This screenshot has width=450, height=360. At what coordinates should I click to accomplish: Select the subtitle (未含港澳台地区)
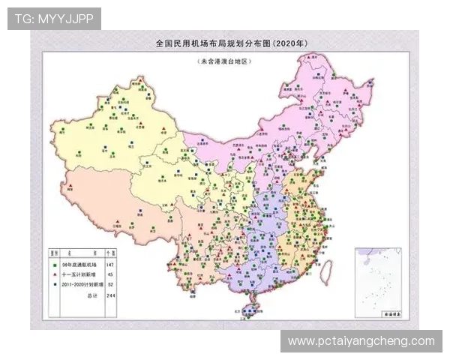[x=223, y=59]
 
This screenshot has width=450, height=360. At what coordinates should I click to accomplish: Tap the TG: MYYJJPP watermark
[x=53, y=19]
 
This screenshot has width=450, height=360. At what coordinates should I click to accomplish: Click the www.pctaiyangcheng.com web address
[x=361, y=341]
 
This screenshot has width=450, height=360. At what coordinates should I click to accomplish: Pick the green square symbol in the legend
[x=55, y=265]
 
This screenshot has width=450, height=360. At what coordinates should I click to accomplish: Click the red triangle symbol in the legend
[x=55, y=275]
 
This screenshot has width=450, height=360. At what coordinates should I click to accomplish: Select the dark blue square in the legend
[x=55, y=285]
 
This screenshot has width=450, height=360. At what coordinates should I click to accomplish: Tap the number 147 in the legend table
[x=109, y=265]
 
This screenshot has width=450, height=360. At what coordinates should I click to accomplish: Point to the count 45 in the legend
[x=109, y=275]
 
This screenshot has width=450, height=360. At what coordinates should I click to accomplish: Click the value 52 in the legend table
[x=109, y=285]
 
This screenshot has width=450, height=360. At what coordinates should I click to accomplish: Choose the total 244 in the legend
[x=109, y=295]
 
